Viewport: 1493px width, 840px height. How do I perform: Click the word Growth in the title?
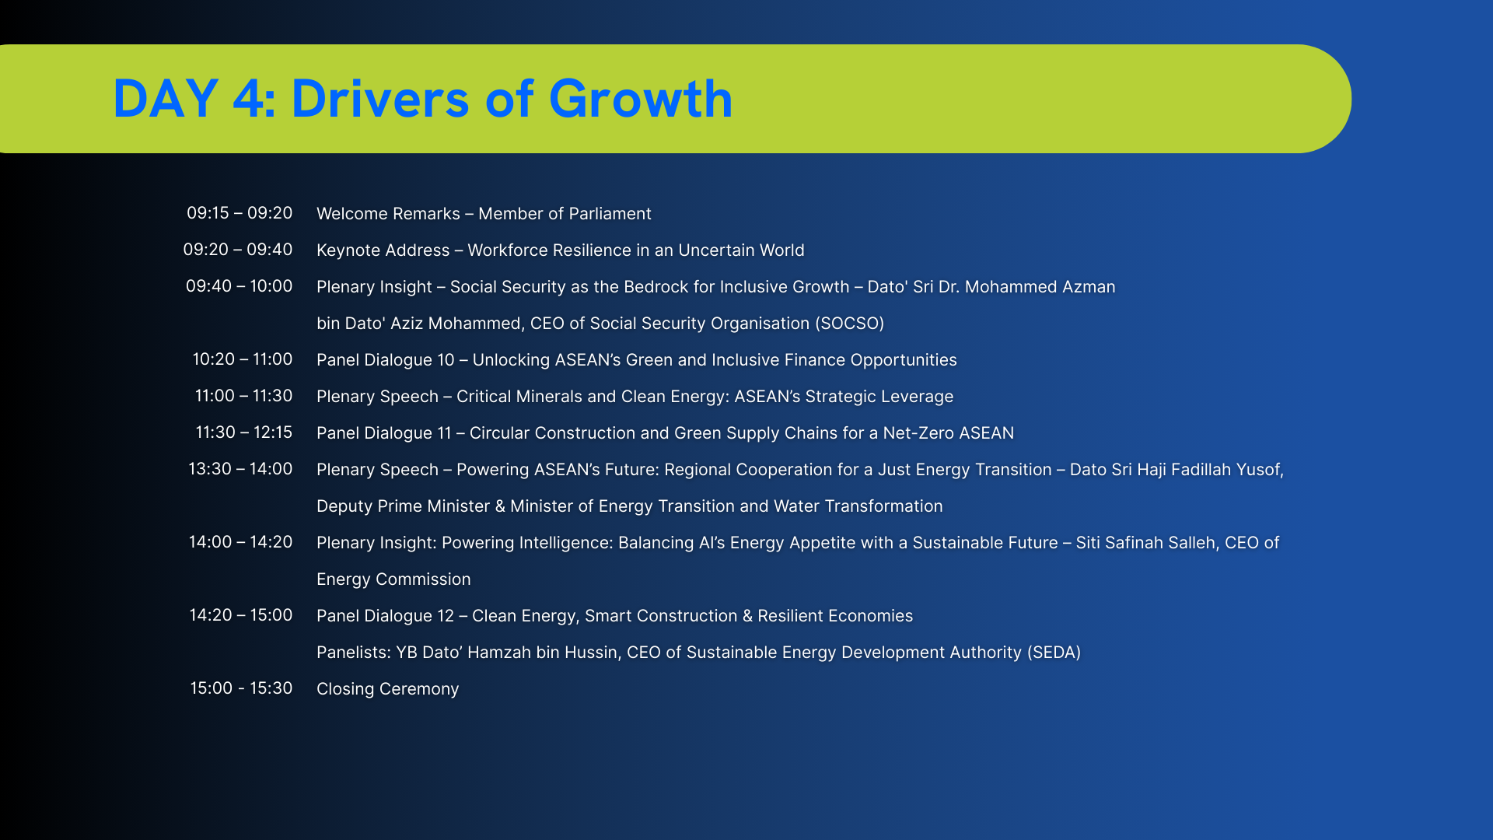tap(641, 100)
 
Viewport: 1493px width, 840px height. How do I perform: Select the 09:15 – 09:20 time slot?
tap(240, 213)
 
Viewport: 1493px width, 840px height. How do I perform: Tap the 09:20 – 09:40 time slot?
tap(238, 250)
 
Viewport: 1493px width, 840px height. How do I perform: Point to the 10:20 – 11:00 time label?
tap(243, 359)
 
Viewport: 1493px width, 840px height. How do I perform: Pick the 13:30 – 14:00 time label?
tap(240, 469)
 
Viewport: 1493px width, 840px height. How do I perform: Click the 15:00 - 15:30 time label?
tap(241, 688)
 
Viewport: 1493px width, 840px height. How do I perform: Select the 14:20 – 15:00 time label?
tap(241, 615)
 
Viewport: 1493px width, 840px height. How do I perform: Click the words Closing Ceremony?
tap(388, 689)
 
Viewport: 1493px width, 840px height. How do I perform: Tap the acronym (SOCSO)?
tap(850, 324)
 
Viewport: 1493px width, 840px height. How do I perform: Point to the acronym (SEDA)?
tap(1054, 653)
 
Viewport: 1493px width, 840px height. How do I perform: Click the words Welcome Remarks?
tap(388, 214)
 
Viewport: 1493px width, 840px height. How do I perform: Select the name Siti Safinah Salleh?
tap(1145, 543)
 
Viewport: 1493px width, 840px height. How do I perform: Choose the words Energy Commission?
tap(393, 580)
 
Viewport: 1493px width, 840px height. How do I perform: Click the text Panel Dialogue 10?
tap(386, 360)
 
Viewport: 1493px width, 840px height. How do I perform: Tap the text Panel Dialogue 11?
tap(384, 433)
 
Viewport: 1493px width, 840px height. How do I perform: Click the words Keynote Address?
tap(383, 250)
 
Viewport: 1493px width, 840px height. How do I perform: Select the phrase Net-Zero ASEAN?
tap(949, 433)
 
